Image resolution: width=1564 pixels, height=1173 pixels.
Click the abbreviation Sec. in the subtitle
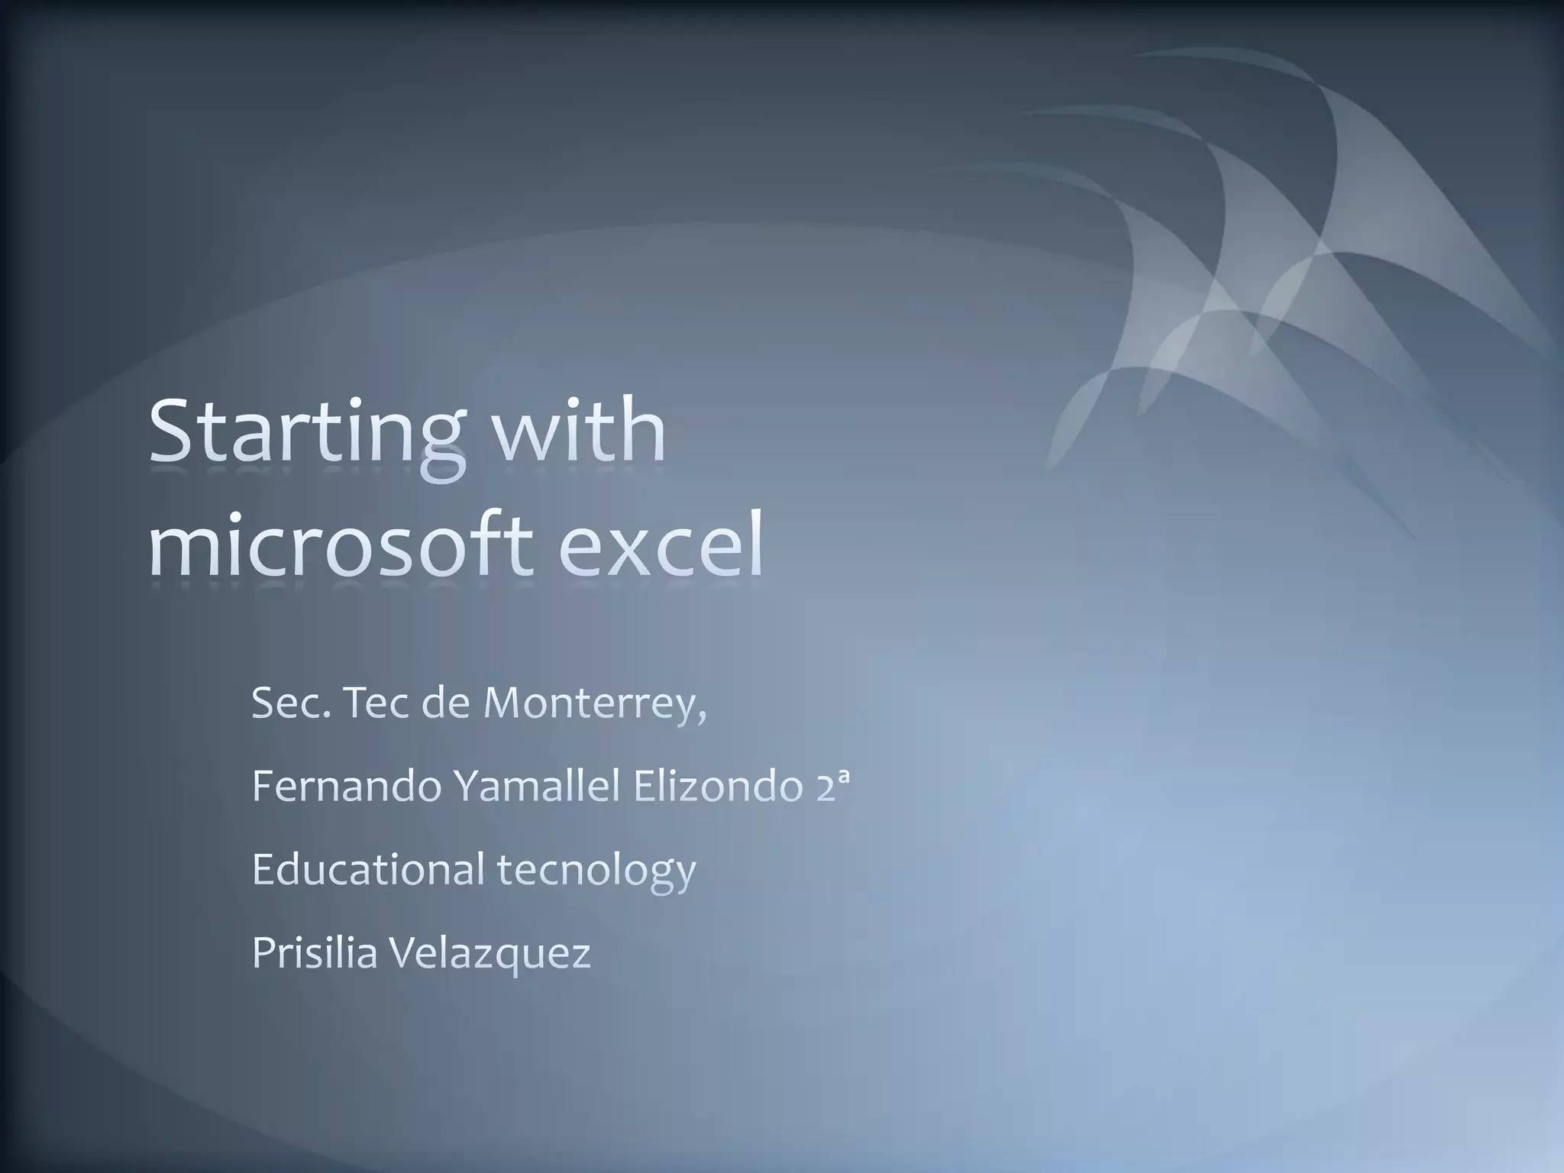coord(292,703)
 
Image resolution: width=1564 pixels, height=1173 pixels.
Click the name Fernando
coord(346,787)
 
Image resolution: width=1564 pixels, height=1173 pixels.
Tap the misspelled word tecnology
coord(596,871)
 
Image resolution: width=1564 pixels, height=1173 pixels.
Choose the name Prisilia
coord(315,952)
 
